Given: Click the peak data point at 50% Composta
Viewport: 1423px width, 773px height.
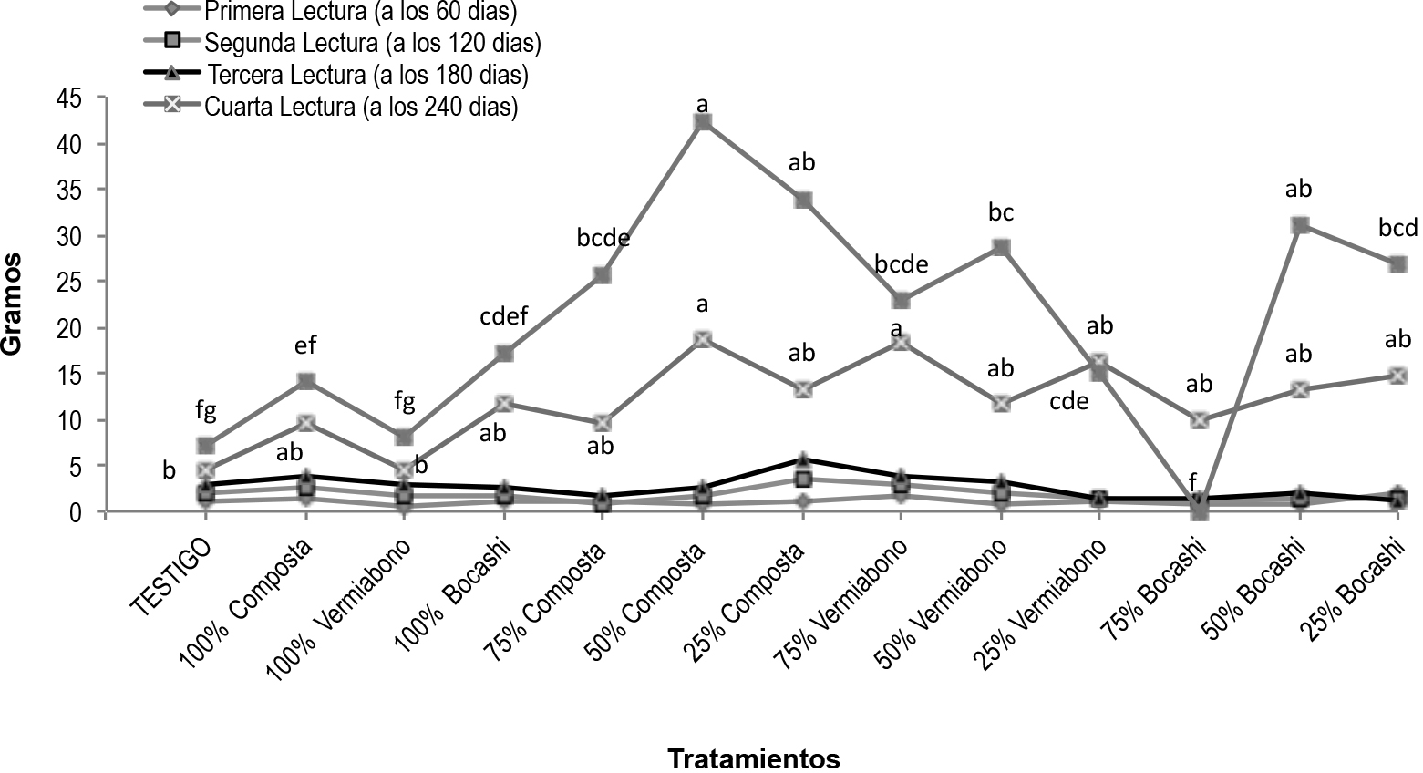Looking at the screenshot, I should click(x=702, y=122).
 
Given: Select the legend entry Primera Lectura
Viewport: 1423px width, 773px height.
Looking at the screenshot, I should click(x=360, y=13).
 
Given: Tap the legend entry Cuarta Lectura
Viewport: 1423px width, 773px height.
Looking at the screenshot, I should click(x=361, y=107).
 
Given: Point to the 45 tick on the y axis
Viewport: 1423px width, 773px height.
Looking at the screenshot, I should click(x=72, y=97).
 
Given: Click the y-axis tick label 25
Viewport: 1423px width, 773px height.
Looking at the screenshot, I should click(x=72, y=282).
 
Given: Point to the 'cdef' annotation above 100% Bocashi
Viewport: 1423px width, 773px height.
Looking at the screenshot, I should click(x=503, y=319).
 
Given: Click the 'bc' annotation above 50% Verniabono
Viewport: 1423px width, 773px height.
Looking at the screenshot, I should click(x=1001, y=213).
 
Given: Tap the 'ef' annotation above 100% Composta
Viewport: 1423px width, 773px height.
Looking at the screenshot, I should click(x=304, y=345).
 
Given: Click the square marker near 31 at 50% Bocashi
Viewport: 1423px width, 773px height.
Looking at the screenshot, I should click(x=1299, y=225).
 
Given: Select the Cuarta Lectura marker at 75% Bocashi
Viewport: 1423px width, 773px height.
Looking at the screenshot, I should click(x=1199, y=420).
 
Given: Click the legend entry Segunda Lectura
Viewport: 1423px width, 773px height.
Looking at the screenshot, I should click(x=373, y=42).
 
